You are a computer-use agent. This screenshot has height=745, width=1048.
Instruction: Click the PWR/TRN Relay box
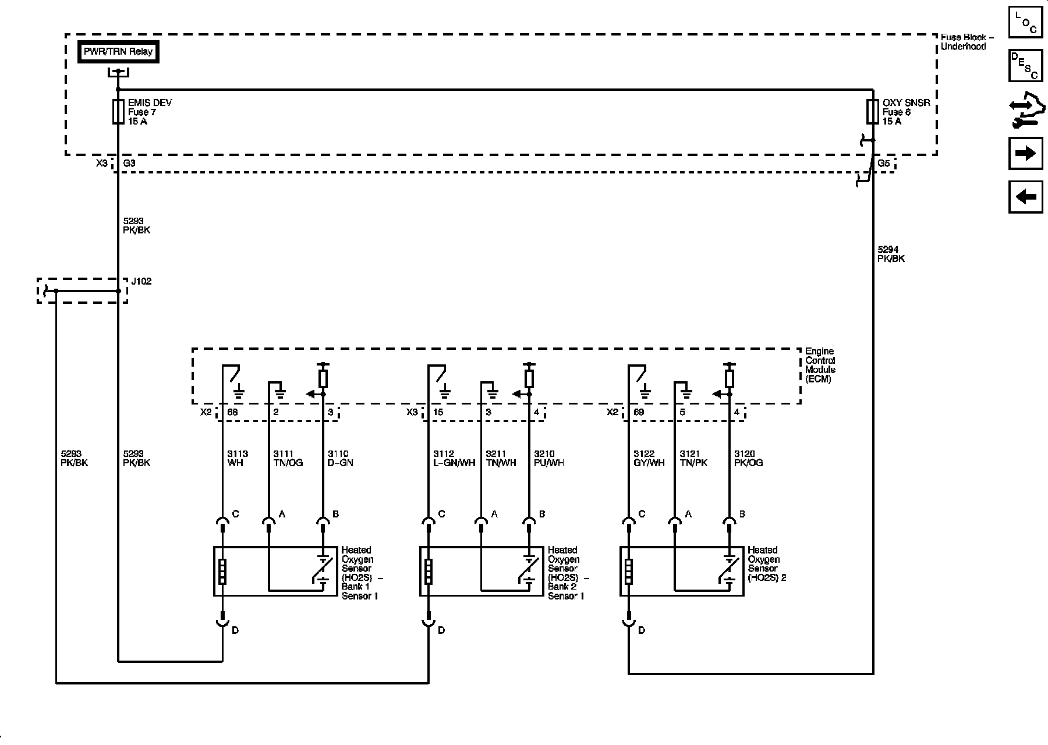pyautogui.click(x=118, y=52)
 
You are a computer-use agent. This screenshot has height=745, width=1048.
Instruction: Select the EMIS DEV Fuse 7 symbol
pyautogui.click(x=118, y=111)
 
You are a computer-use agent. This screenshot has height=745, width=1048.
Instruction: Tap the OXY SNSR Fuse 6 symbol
pyautogui.click(x=872, y=111)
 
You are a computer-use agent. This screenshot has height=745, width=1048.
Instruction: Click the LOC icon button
pyautogui.click(x=1025, y=23)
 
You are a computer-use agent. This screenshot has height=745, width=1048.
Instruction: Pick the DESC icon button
pyautogui.click(x=1025, y=66)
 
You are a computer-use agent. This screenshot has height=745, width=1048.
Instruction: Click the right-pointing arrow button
pyautogui.click(x=1025, y=154)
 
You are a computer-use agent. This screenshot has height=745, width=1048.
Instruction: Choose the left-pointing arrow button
pyautogui.click(x=1025, y=197)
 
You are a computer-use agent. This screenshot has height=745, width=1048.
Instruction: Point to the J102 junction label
pyautogui.click(x=141, y=282)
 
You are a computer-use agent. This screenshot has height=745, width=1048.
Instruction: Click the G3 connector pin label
pyautogui.click(x=129, y=164)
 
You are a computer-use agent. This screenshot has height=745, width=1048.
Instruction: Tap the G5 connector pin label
pyautogui.click(x=884, y=164)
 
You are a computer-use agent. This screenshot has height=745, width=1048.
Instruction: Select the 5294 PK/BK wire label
pyautogui.click(x=891, y=254)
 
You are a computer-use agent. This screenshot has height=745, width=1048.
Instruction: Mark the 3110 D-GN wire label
pyautogui.click(x=340, y=459)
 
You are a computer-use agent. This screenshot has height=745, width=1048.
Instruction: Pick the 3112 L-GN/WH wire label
pyautogui.click(x=454, y=459)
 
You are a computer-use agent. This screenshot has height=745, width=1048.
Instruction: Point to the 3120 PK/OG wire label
pyautogui.click(x=748, y=459)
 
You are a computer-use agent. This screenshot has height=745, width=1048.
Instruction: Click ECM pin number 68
pyautogui.click(x=232, y=412)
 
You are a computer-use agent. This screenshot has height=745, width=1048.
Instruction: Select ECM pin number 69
pyautogui.click(x=638, y=412)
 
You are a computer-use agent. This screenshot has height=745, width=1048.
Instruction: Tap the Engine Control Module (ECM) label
pyautogui.click(x=820, y=365)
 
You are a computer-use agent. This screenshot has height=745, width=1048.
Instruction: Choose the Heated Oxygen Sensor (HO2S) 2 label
pyautogui.click(x=767, y=564)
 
